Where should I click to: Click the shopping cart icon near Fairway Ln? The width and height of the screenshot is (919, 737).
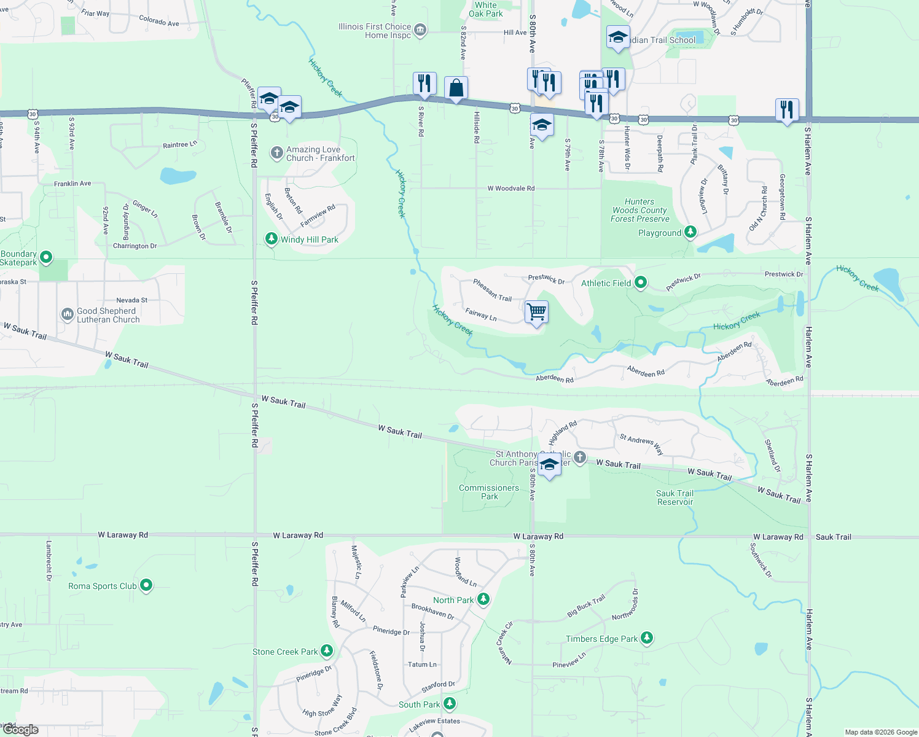(x=536, y=312)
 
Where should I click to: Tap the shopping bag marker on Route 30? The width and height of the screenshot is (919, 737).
(x=456, y=88)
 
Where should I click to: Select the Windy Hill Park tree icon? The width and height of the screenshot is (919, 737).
(x=271, y=238)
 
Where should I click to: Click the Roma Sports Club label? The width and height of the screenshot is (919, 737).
(x=103, y=586)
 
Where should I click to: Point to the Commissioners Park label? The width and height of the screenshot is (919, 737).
(x=489, y=492)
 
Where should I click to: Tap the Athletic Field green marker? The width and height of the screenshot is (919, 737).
(x=641, y=283)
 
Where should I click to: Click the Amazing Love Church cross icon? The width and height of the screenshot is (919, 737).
(x=277, y=152)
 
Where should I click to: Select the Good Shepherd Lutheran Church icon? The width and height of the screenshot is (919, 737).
(x=67, y=314)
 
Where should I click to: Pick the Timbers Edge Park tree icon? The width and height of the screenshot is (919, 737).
(x=646, y=638)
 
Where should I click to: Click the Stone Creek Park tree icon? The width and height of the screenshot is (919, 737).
(x=327, y=650)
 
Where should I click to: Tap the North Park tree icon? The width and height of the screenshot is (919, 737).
(x=483, y=599)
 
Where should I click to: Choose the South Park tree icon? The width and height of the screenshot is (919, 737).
(x=450, y=703)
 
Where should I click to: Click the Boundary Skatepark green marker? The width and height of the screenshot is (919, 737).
(x=46, y=257)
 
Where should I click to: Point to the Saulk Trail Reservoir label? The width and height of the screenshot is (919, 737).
(x=675, y=497)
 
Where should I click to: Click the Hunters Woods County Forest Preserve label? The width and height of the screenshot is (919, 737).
(x=639, y=210)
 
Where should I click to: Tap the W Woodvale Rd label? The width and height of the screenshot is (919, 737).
(x=510, y=189)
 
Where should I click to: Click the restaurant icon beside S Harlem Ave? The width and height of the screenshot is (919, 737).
(x=787, y=110)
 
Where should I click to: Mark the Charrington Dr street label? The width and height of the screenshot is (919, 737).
(x=135, y=246)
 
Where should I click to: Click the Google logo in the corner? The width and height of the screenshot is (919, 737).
(x=21, y=730)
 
